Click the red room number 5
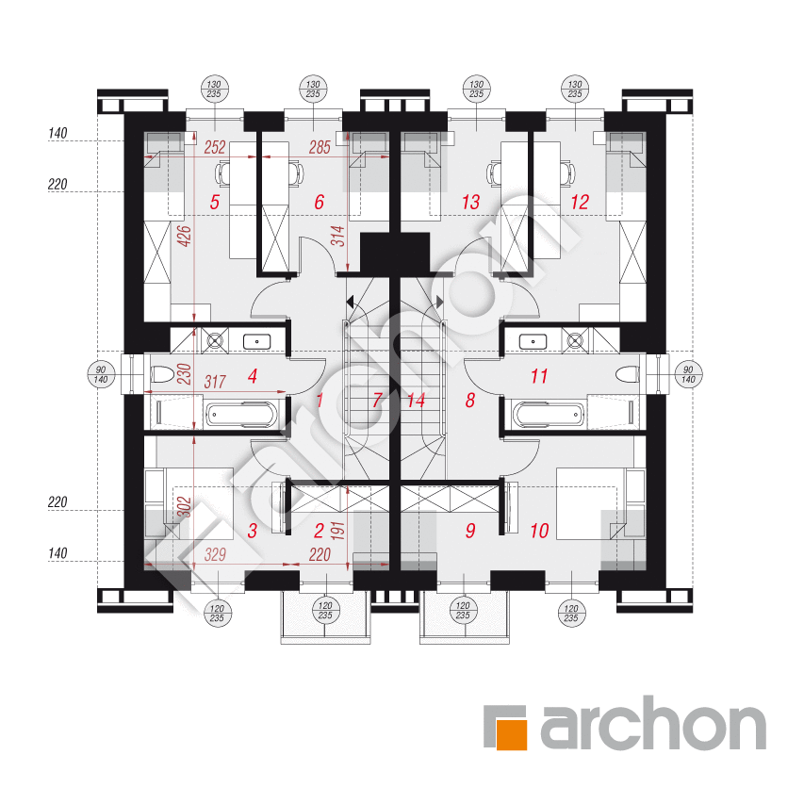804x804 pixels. pos(215,202)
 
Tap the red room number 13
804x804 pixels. pos(470,202)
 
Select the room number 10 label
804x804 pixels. pos(539,531)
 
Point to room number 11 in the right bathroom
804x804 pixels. pos(539,376)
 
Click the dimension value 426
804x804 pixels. pos(185,236)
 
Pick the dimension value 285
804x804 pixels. pos(320,148)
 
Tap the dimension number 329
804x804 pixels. pos(215,554)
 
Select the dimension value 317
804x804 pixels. pos(215,382)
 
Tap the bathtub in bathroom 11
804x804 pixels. pos(549,415)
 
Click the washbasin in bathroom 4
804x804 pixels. pos(256,341)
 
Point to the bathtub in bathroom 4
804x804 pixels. pos(241,415)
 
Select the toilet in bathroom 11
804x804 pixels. pos(627,374)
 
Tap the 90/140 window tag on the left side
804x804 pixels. pos(101,374)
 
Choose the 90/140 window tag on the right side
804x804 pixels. pos(688,374)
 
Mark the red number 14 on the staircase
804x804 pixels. pos(417,400)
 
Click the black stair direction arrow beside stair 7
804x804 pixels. pos(350,302)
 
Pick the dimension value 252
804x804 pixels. pos(215,148)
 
